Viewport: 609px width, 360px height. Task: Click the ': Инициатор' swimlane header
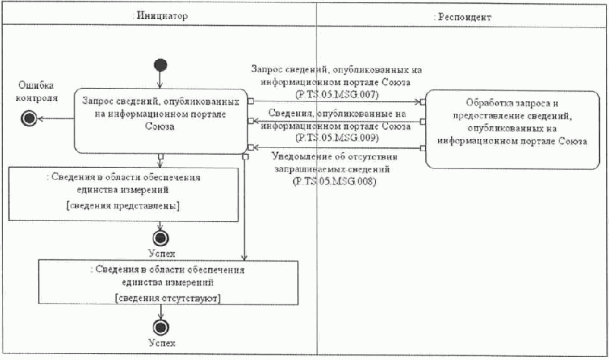159,15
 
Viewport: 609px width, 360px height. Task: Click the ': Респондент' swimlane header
461,15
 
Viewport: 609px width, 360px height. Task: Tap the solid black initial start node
159,64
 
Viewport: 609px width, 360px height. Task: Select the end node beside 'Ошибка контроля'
30,118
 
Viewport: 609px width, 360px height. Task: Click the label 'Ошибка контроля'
37,92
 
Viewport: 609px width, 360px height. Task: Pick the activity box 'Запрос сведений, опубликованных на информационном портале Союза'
160,121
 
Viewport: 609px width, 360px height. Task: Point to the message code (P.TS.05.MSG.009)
336,137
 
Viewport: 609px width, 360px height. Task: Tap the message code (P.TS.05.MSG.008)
335,182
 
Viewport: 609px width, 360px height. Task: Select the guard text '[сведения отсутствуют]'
168,298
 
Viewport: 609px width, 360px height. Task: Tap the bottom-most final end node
161,327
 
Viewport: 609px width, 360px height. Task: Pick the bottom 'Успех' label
161,344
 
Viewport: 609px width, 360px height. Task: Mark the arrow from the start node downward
159,78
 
